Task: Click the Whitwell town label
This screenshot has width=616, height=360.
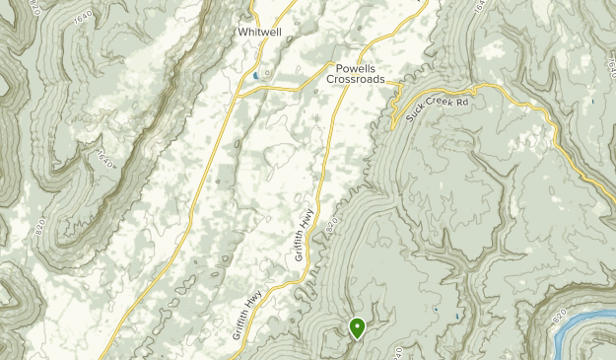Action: click(x=261, y=32)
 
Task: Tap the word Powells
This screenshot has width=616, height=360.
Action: click(x=353, y=69)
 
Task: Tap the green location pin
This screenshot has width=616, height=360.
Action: click(x=357, y=326)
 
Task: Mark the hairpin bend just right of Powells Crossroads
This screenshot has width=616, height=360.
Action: click(x=397, y=99)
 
